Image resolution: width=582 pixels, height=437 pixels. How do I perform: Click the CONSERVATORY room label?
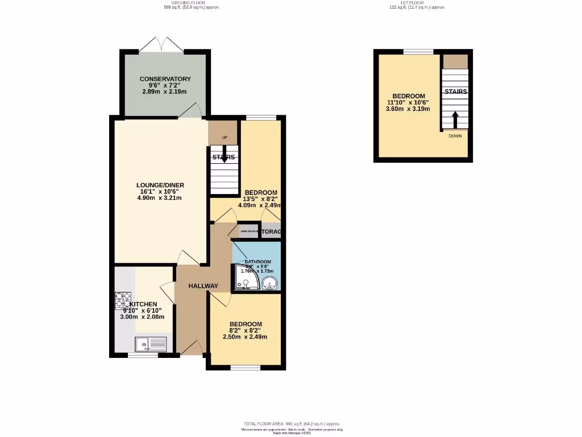165,79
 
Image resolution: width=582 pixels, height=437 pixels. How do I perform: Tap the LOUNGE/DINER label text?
160,185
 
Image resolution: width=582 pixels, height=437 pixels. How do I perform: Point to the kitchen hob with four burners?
124,300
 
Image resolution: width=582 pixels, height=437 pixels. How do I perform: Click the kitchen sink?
150,344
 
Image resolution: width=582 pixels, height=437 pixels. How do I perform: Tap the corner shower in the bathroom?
246,279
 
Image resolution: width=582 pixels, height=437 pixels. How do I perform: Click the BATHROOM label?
258,262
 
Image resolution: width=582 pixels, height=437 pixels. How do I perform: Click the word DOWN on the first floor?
455,136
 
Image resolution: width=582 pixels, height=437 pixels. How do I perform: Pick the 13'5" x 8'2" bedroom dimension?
261,199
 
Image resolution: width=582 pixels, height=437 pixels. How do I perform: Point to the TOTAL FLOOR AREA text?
292,424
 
